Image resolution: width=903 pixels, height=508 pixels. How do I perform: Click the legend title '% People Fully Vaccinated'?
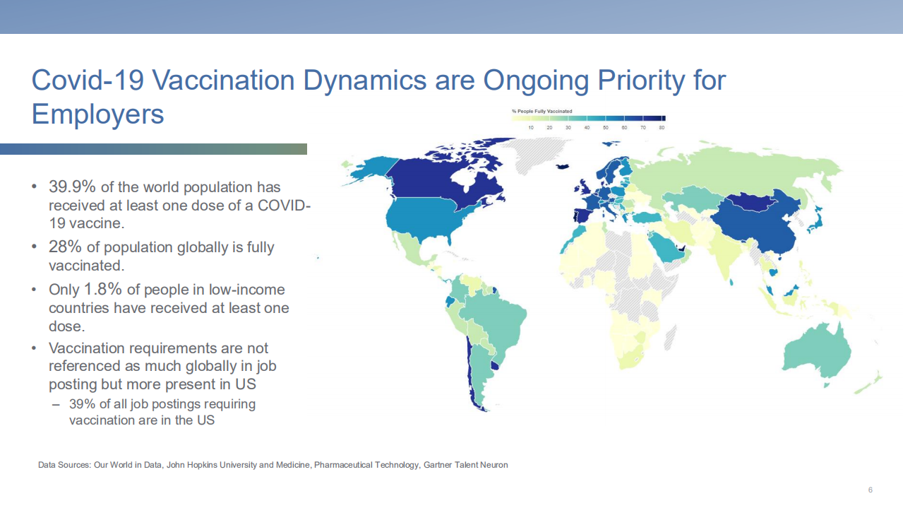click(x=542, y=111)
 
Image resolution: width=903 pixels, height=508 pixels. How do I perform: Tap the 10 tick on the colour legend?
click(x=531, y=127)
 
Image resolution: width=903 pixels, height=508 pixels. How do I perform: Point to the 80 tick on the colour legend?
click(x=662, y=127)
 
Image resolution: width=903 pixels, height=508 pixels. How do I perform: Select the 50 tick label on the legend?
click(x=606, y=127)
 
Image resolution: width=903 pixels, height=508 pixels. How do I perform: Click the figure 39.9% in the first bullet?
click(x=72, y=187)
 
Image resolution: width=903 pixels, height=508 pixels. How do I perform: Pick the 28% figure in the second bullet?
click(x=65, y=247)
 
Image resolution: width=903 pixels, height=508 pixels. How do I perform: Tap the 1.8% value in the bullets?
click(x=103, y=289)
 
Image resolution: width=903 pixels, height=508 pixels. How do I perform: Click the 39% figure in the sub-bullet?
click(x=82, y=404)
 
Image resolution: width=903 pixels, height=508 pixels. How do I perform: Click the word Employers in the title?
click(x=98, y=114)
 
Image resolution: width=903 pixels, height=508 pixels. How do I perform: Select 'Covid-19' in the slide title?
click(x=88, y=80)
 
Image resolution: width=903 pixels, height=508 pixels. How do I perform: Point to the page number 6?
click(x=871, y=490)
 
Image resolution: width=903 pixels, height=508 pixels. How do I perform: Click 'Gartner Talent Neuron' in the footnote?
click(x=465, y=465)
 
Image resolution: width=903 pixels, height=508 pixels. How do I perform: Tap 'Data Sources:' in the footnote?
click(x=64, y=465)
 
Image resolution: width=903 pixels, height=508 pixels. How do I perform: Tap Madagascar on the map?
click(x=670, y=338)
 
